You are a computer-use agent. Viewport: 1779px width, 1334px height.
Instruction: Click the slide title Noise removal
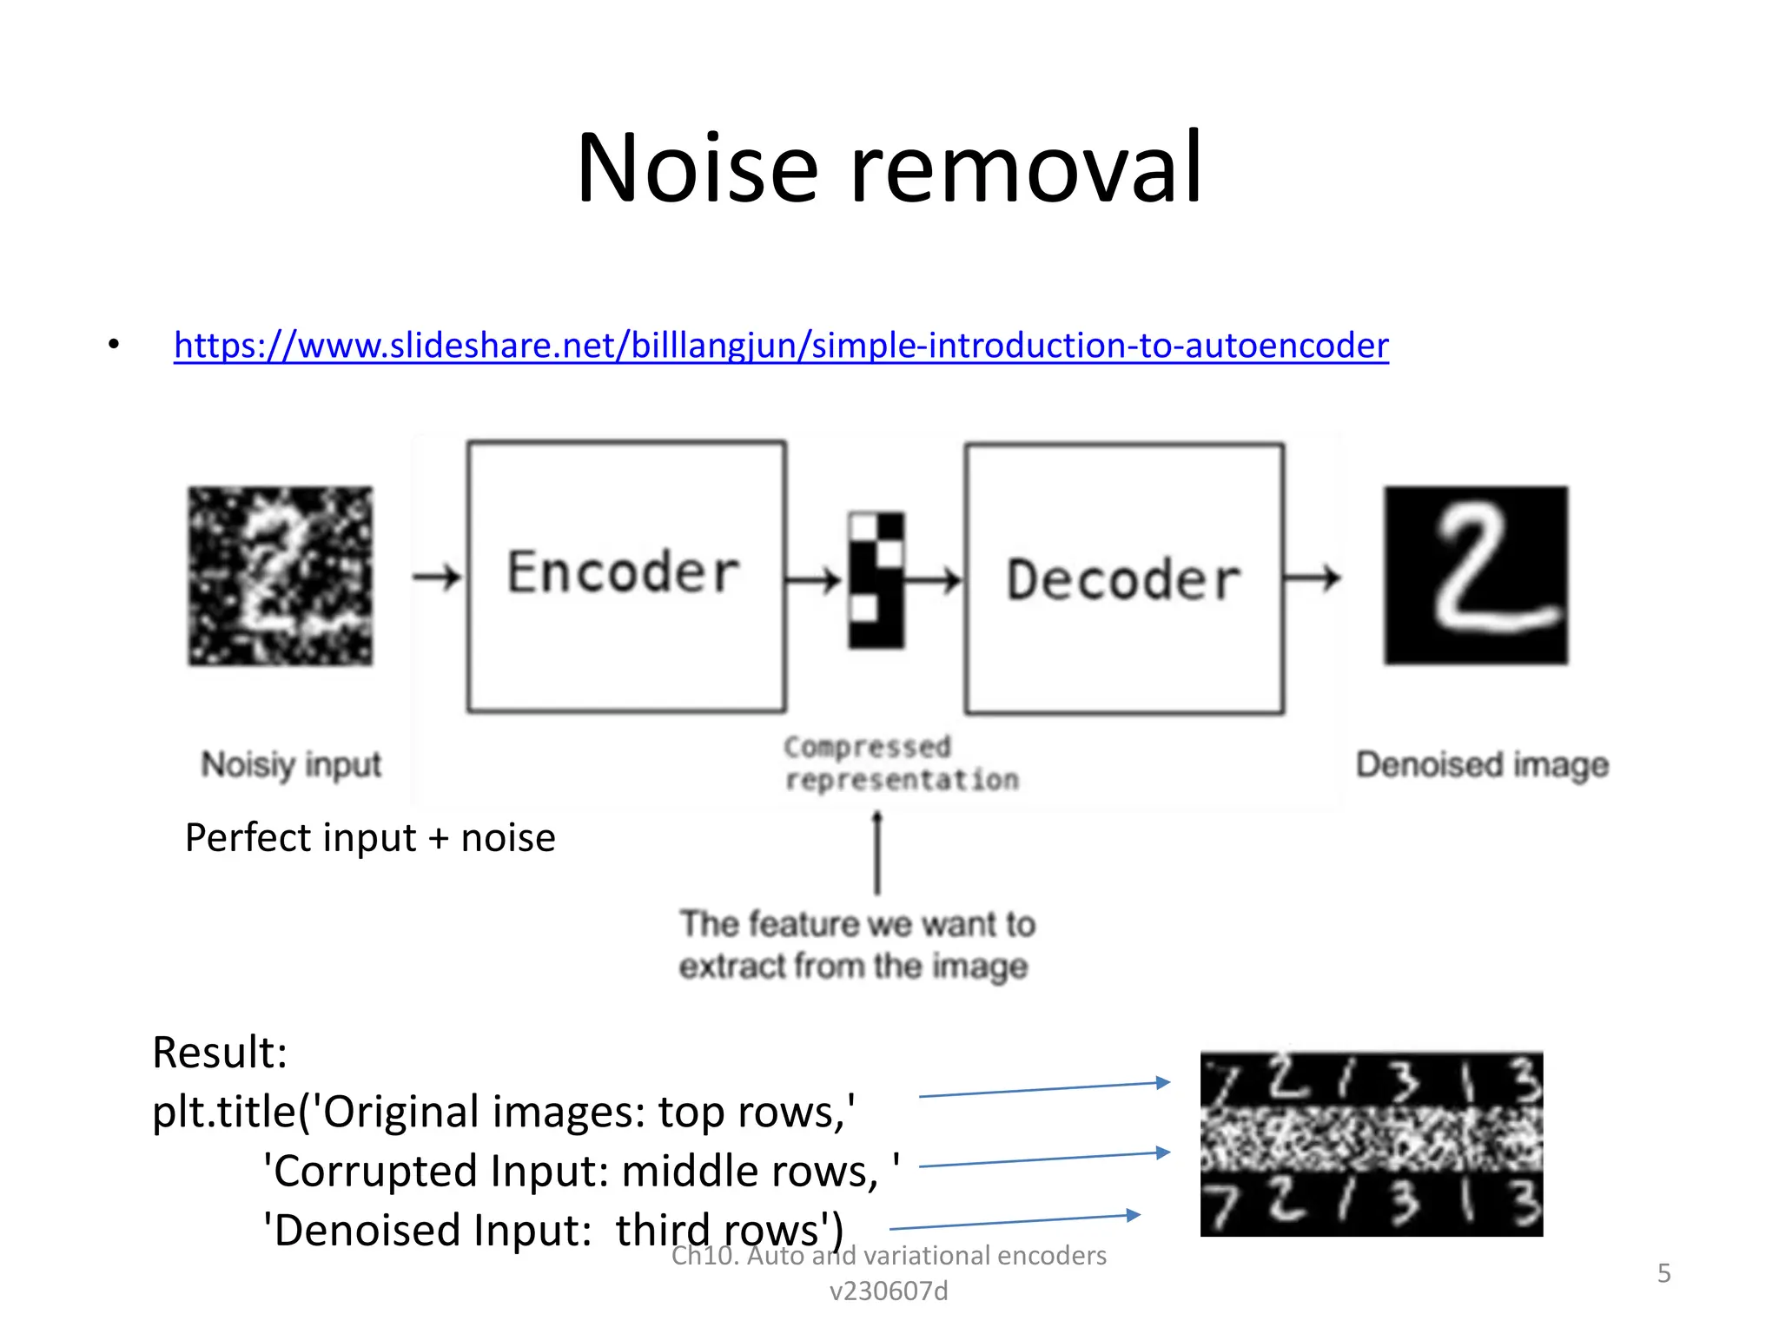click(x=889, y=167)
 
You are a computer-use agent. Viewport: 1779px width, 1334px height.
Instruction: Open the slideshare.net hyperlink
click(x=780, y=346)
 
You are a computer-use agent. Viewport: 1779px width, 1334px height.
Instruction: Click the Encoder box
click(x=625, y=576)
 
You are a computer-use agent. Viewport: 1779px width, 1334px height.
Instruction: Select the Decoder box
click(x=1123, y=578)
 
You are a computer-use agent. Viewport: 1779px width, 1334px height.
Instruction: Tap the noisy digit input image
click(x=280, y=576)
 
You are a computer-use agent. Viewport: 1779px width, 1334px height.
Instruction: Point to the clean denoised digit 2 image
click(x=1476, y=576)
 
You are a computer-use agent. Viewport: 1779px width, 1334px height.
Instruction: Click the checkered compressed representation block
click(x=876, y=579)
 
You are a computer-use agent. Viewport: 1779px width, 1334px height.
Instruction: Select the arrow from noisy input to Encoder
click(x=437, y=577)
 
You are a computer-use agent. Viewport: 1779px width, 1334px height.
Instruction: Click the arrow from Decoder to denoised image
click(x=1313, y=577)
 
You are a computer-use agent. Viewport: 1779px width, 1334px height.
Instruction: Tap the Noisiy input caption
click(x=291, y=765)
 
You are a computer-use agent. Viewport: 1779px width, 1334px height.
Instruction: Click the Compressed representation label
click(x=900, y=763)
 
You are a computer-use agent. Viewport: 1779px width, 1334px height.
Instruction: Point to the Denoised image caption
click(x=1482, y=765)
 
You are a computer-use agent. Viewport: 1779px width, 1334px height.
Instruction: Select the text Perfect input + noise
click(x=370, y=838)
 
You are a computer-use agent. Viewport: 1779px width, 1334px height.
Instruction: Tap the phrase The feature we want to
click(x=857, y=924)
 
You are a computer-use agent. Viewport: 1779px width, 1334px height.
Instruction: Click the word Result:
click(x=219, y=1053)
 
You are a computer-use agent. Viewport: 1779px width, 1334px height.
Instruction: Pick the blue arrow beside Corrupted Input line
click(x=1044, y=1159)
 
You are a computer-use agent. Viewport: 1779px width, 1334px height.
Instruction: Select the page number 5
click(x=1663, y=1273)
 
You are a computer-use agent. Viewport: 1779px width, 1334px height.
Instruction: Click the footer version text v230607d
click(x=889, y=1291)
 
